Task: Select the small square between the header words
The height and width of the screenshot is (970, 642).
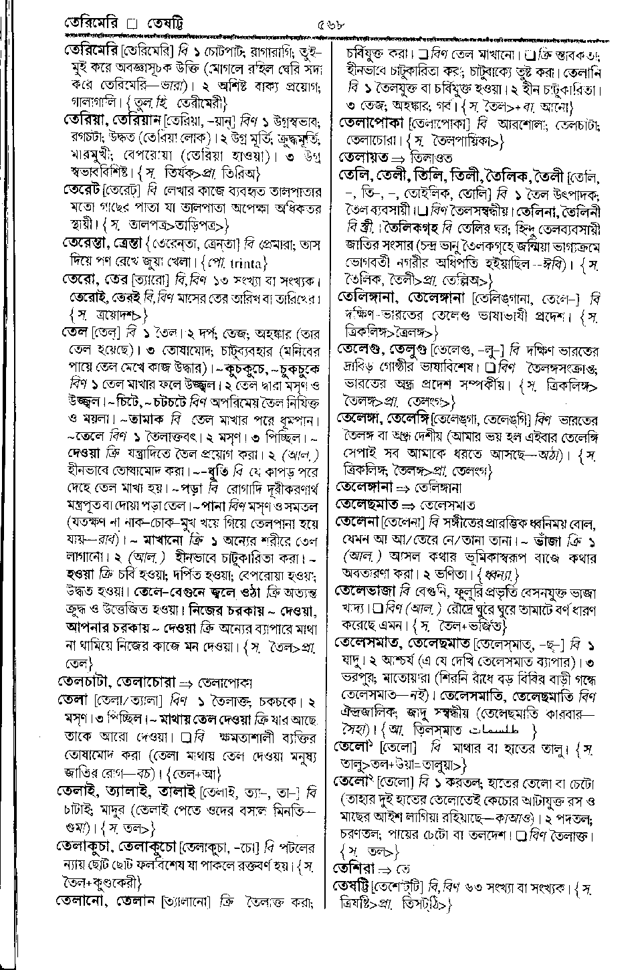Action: click(132, 25)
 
